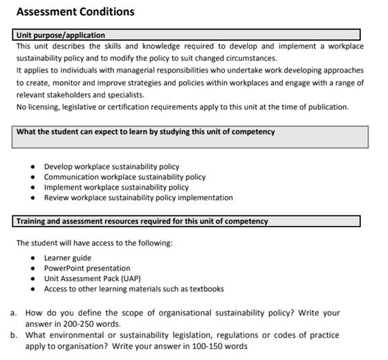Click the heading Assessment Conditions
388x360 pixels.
tap(75, 12)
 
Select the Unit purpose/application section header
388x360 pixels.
tap(61, 35)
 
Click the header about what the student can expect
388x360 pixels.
tap(145, 132)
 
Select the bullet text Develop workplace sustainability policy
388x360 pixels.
tap(111, 166)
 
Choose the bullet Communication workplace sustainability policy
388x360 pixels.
tap(124, 177)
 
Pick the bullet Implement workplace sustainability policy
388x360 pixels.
tap(116, 187)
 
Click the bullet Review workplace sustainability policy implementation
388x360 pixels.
tap(138, 197)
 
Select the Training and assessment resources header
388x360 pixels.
tap(142, 222)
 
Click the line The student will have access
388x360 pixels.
tap(94, 243)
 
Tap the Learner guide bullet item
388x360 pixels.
tap(67, 258)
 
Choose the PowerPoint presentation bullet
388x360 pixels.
tap(86, 268)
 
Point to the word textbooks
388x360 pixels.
tap(207, 289)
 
